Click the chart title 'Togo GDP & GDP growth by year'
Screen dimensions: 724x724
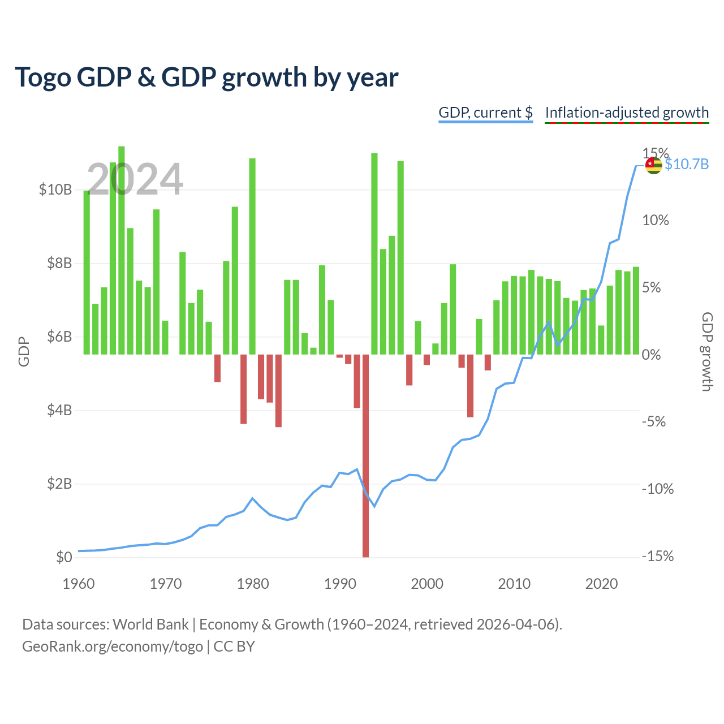(x=206, y=77)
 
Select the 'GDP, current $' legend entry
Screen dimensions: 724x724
(x=485, y=113)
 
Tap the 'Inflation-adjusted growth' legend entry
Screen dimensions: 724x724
(x=627, y=113)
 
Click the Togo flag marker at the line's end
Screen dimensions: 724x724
(x=653, y=165)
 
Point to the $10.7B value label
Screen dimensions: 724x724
(x=687, y=164)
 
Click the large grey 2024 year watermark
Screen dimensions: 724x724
(x=135, y=179)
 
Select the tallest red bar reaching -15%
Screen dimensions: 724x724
(x=365, y=455)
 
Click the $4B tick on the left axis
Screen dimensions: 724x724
(x=59, y=410)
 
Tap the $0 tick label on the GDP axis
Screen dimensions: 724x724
(x=64, y=557)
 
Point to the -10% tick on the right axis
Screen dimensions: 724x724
(x=657, y=489)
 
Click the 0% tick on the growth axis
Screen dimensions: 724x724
(x=651, y=354)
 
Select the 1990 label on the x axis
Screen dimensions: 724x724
(x=340, y=584)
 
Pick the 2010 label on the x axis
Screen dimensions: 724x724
(x=514, y=584)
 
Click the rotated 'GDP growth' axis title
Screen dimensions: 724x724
(x=707, y=352)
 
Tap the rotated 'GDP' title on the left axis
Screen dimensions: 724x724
(x=24, y=352)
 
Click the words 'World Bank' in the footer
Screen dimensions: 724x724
(x=150, y=624)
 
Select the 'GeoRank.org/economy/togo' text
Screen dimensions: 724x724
(x=113, y=647)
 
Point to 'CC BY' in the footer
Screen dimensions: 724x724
(x=234, y=647)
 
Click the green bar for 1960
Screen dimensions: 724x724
(x=87, y=273)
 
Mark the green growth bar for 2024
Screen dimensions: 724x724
(x=636, y=311)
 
